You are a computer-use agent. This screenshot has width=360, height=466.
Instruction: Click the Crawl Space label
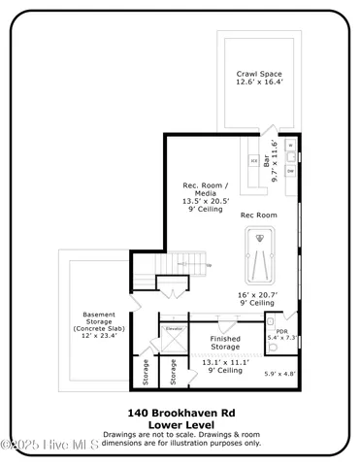pos(258,74)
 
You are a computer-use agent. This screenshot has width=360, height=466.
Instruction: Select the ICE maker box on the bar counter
pos(254,159)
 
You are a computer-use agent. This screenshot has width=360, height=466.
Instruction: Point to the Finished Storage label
pos(224,342)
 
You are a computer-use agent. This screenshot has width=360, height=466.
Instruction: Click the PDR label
pos(281,331)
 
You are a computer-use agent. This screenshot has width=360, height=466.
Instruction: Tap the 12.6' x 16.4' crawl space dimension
pos(258,83)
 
